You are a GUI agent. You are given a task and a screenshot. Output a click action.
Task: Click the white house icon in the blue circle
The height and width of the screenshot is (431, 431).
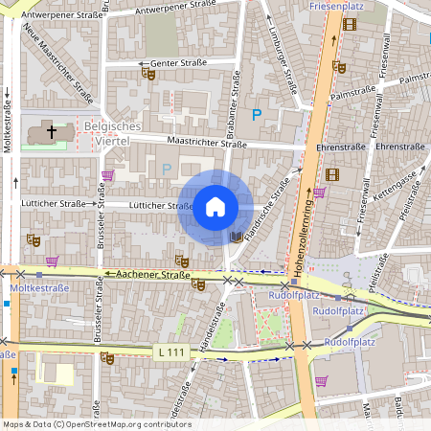[x=215, y=207]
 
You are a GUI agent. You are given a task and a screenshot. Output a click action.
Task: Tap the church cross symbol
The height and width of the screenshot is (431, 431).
[x=52, y=131]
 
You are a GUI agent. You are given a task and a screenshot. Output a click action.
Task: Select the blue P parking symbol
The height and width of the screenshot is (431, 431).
[x=256, y=115]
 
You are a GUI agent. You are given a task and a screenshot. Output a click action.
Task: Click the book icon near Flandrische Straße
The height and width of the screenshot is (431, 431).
[x=236, y=237]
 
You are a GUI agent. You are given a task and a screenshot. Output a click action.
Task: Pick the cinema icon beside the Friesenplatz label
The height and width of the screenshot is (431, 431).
[x=349, y=23]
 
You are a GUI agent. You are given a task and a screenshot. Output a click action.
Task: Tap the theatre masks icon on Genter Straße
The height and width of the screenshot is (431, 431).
[x=147, y=73]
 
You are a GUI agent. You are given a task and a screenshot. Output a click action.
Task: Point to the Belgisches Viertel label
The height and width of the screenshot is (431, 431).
[x=112, y=134]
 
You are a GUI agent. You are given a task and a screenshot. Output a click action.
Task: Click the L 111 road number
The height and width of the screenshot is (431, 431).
[x=170, y=352]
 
